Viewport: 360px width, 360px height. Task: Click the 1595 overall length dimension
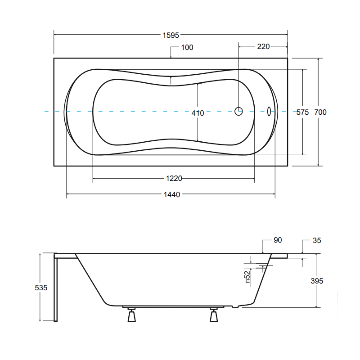(x=171, y=35)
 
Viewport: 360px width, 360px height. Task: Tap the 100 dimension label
(x=187, y=48)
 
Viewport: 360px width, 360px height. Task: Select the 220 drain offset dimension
(x=263, y=47)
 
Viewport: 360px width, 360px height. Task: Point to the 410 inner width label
(x=198, y=113)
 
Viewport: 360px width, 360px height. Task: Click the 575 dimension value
(x=302, y=112)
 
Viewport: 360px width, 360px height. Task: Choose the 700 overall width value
(x=320, y=112)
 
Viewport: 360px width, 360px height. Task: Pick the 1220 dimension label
(x=174, y=178)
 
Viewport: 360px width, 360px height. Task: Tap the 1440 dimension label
(x=172, y=195)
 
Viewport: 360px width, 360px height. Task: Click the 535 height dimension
(x=41, y=288)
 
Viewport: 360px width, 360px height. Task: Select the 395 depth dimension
(x=317, y=281)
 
